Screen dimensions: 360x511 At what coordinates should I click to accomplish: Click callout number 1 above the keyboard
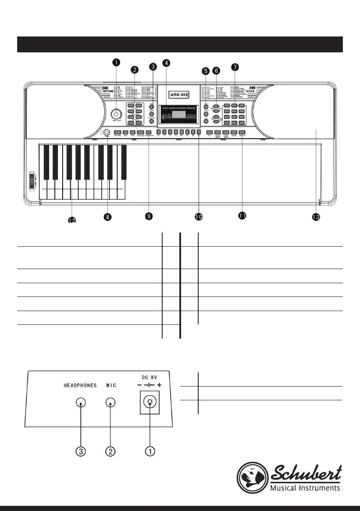[x=116, y=62]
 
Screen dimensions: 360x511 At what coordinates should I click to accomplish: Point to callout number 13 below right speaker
[x=316, y=218]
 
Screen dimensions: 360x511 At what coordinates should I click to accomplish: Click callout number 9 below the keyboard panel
[x=148, y=217]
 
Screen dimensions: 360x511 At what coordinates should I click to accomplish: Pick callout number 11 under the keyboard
[x=242, y=216]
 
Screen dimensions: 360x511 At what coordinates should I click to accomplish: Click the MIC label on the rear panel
[x=111, y=385]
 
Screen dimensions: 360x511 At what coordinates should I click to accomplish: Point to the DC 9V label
[x=149, y=377]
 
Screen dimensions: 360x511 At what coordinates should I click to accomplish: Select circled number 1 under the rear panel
[x=149, y=451]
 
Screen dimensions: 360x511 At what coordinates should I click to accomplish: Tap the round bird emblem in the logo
[x=252, y=477]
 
